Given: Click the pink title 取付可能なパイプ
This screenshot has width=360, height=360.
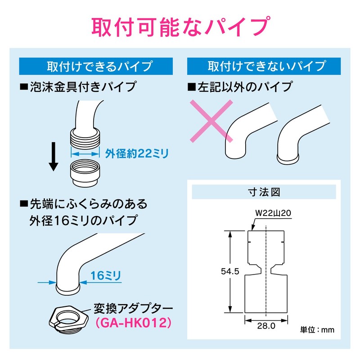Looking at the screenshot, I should (x=180, y=27).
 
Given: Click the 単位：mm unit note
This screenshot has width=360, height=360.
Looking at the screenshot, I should (x=318, y=330).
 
